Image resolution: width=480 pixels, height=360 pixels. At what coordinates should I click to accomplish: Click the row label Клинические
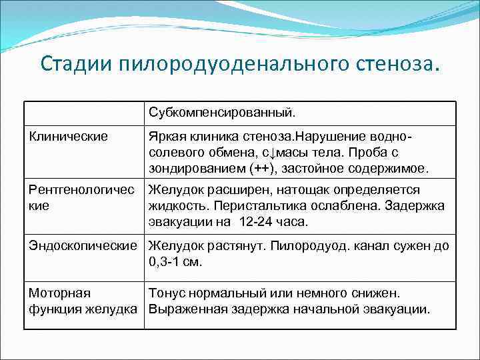68,137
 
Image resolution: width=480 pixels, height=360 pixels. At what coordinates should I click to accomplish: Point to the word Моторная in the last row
59,293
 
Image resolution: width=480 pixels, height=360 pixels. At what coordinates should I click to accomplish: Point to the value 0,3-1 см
175,262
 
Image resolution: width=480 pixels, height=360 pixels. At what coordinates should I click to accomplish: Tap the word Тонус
167,293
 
